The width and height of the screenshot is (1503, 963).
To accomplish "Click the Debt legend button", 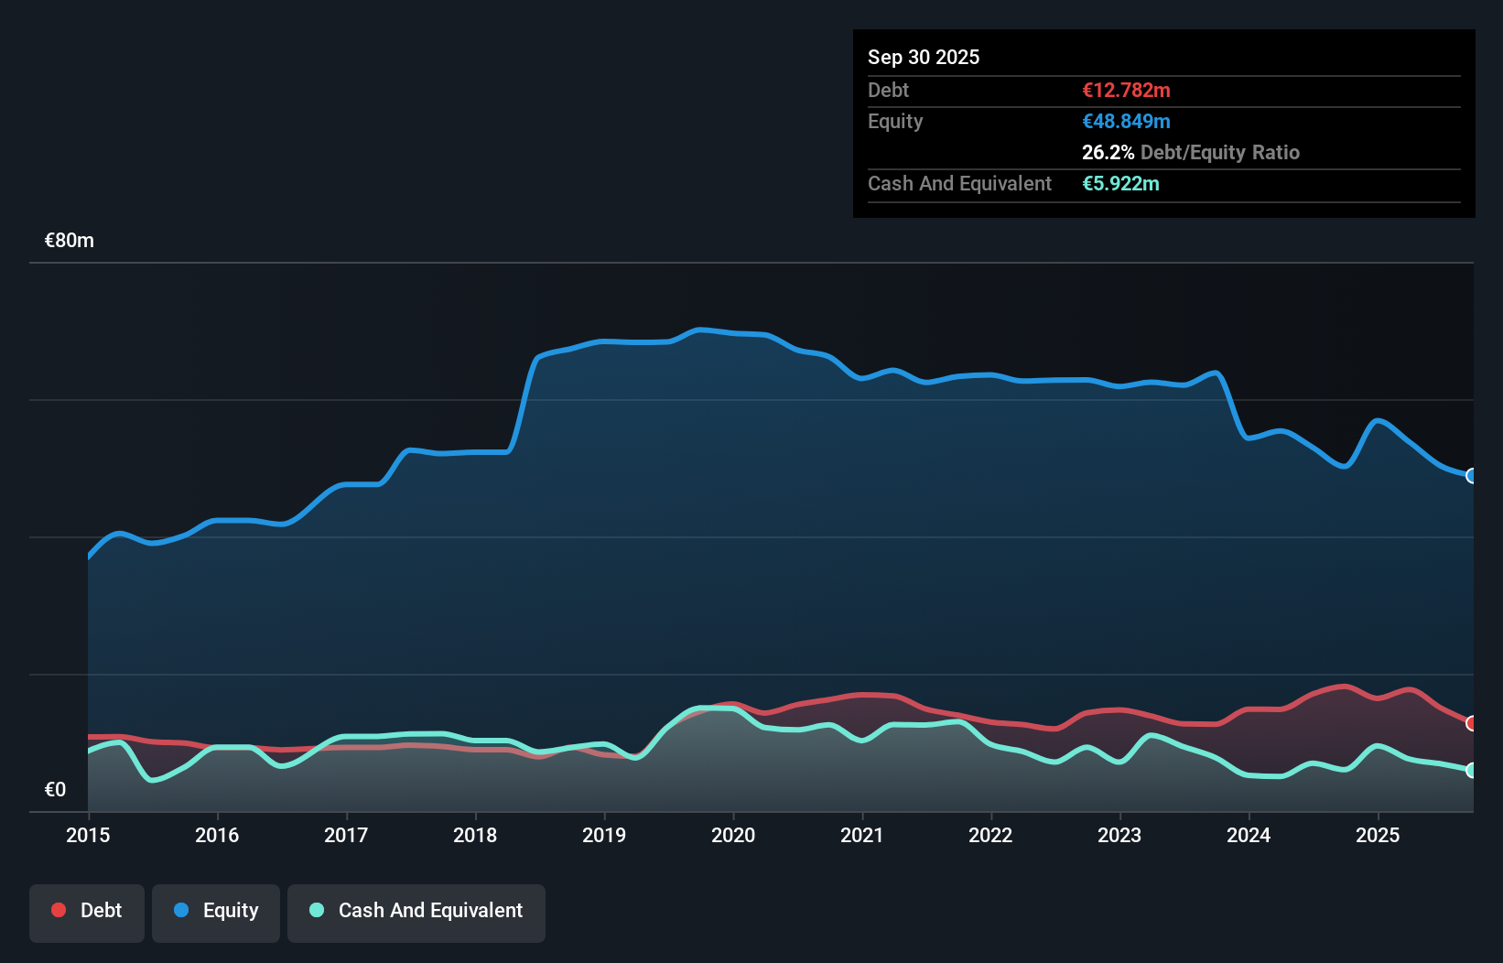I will click(x=87, y=912).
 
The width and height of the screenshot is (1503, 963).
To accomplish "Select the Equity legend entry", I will click(x=216, y=912).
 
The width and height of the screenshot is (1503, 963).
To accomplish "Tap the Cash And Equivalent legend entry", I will click(x=416, y=912).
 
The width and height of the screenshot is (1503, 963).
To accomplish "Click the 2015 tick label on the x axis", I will click(x=88, y=835).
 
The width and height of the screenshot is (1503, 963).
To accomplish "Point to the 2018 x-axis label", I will click(x=475, y=835).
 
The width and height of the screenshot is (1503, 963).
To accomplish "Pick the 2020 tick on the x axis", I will click(x=733, y=835).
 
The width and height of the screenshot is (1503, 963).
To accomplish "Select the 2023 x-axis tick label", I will click(x=1119, y=835).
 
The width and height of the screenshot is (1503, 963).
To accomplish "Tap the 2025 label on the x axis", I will click(x=1378, y=835).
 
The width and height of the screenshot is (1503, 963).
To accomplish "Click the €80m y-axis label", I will click(x=70, y=241).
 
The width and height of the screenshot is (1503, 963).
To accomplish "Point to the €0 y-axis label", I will click(x=55, y=789).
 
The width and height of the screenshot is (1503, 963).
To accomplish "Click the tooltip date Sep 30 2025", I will click(x=924, y=57).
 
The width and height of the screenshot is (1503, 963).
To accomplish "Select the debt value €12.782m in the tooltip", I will click(x=1126, y=90).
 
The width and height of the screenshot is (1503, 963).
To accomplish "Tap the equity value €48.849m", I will click(x=1126, y=121).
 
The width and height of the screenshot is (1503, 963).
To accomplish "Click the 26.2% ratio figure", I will click(x=1108, y=152).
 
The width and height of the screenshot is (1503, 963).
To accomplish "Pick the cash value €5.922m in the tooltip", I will click(x=1120, y=183).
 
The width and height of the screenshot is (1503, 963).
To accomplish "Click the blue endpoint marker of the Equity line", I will click(x=1472, y=476).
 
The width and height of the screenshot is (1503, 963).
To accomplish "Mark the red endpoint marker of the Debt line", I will click(x=1472, y=723).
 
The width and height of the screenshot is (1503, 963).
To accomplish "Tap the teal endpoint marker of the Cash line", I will click(x=1472, y=770).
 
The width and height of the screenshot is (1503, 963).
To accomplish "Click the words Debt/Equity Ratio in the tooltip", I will click(x=1220, y=152).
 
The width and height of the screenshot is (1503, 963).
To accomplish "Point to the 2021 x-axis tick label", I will click(x=862, y=835).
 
